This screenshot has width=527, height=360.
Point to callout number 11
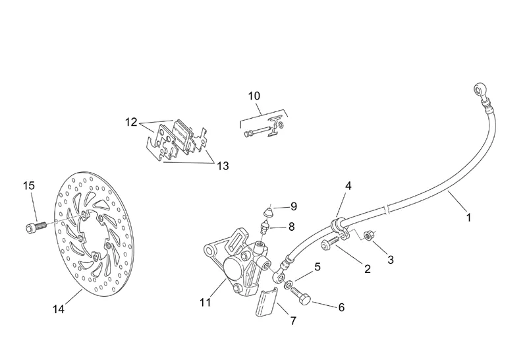(x=205, y=303)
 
